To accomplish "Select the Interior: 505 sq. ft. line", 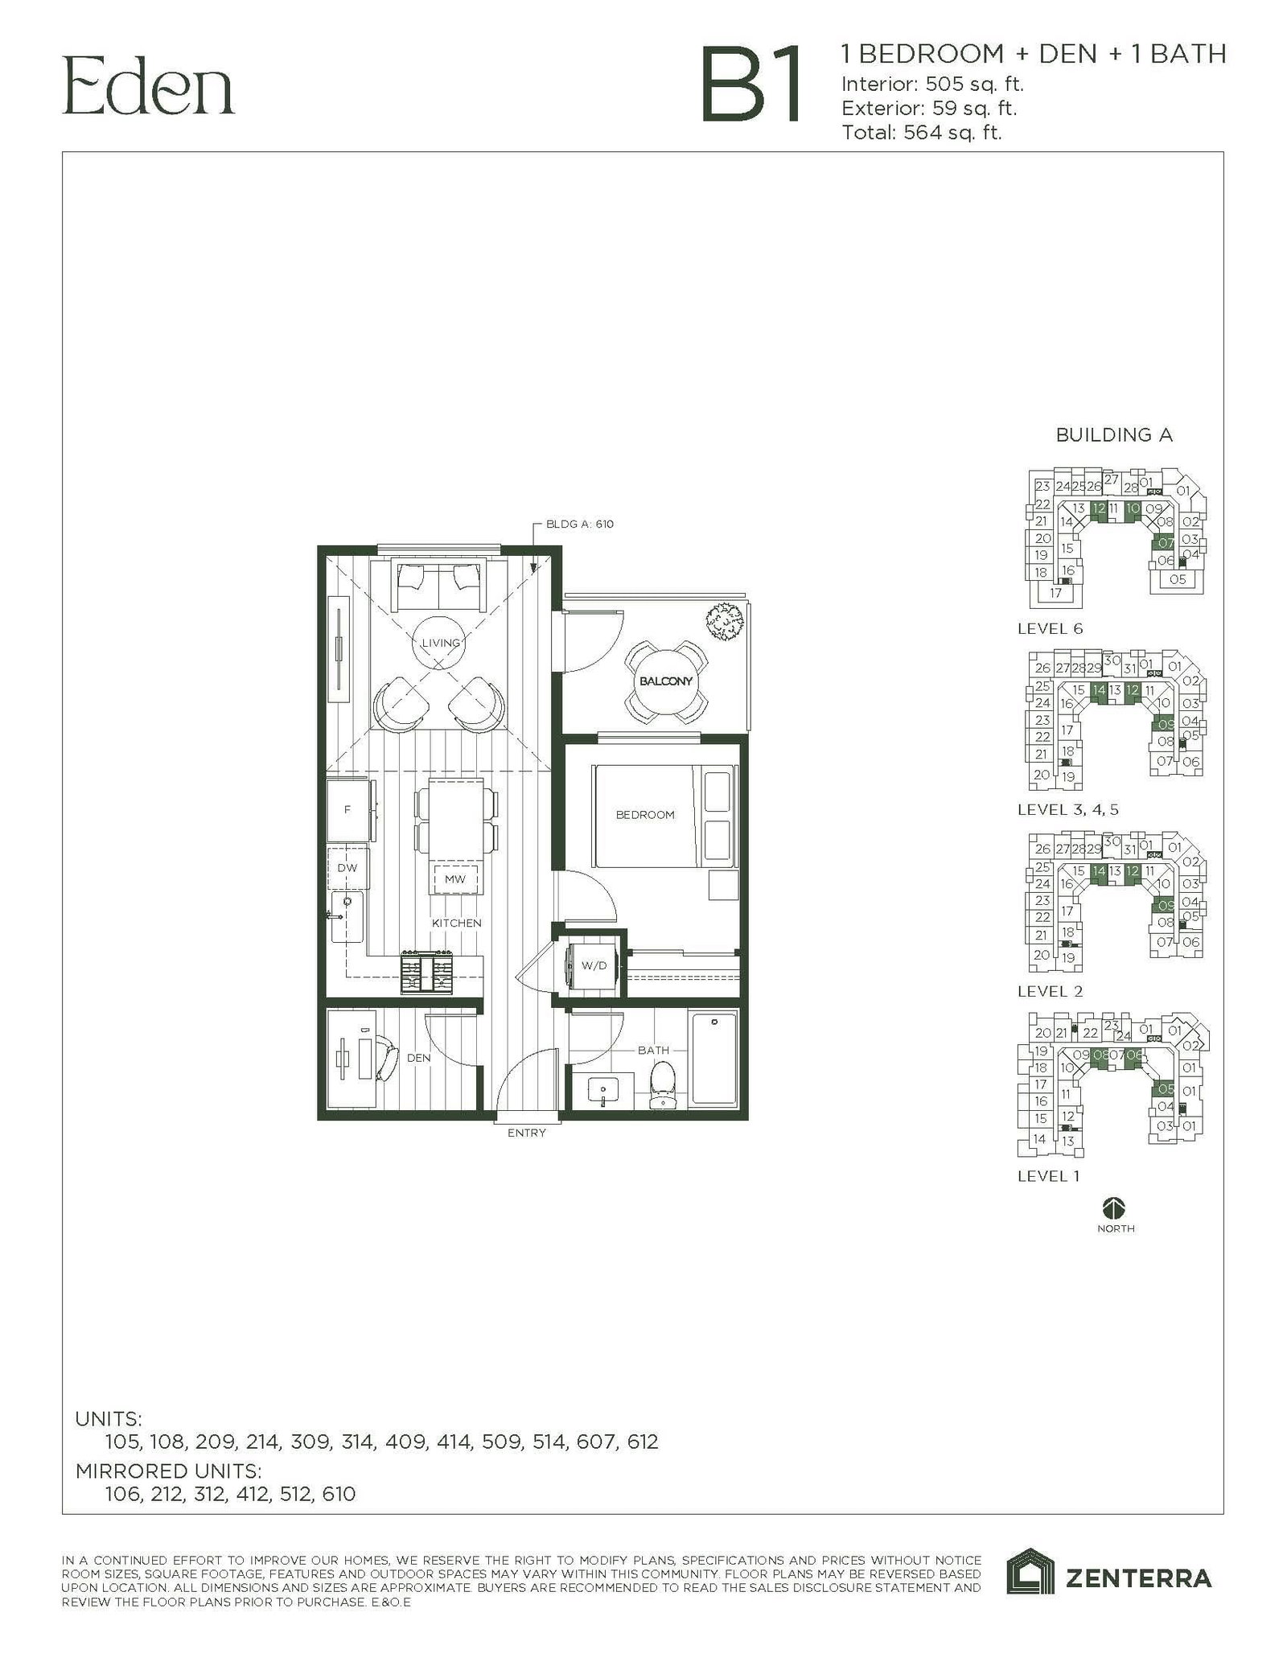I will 932,84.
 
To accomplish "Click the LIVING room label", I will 441,643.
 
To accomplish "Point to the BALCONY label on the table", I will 666,681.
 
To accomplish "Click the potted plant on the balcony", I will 724,622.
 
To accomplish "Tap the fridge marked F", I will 347,809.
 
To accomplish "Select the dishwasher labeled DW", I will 347,868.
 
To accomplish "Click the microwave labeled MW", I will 455,879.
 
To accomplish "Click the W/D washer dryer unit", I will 593,965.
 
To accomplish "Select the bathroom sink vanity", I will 602,1092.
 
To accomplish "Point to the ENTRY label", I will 527,1133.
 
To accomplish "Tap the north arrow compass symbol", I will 1115,1207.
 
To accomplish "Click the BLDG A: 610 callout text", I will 579,524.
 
